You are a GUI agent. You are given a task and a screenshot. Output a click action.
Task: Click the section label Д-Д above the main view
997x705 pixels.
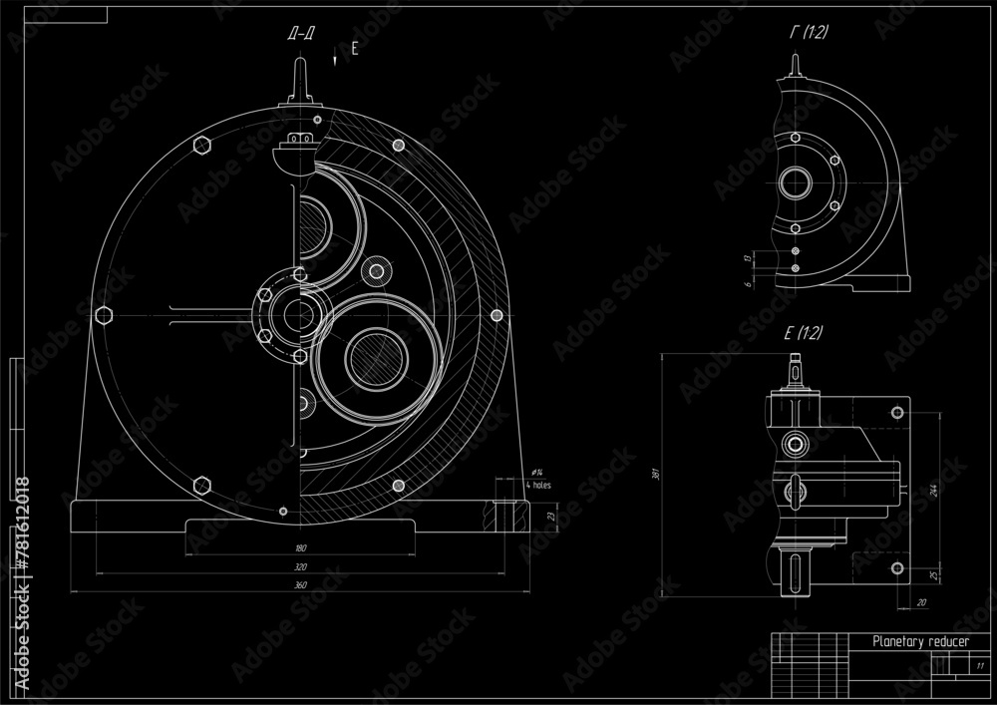pos(301,35)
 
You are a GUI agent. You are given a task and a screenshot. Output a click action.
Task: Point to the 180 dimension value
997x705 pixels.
pos(300,548)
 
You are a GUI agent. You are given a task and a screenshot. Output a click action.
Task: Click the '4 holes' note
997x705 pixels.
pos(537,485)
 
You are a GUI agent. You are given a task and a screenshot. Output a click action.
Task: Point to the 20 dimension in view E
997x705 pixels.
pos(920,601)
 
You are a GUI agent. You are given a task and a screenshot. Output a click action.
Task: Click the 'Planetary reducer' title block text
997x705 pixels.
pos(919,642)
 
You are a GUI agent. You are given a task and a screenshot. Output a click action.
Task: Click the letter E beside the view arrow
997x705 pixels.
pos(353,48)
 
